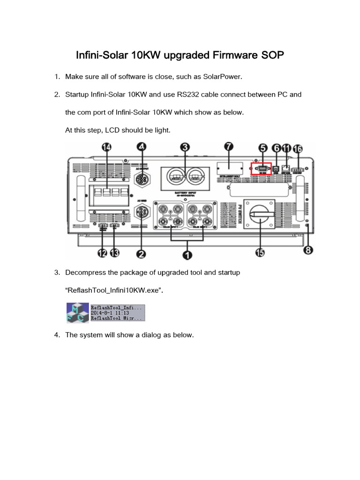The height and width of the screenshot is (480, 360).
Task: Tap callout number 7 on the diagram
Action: click(x=228, y=147)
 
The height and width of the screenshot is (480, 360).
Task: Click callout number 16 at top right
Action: click(x=298, y=150)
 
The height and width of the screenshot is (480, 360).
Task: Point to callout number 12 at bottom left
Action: click(x=102, y=253)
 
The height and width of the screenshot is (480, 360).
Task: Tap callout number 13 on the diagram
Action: click(x=114, y=253)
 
